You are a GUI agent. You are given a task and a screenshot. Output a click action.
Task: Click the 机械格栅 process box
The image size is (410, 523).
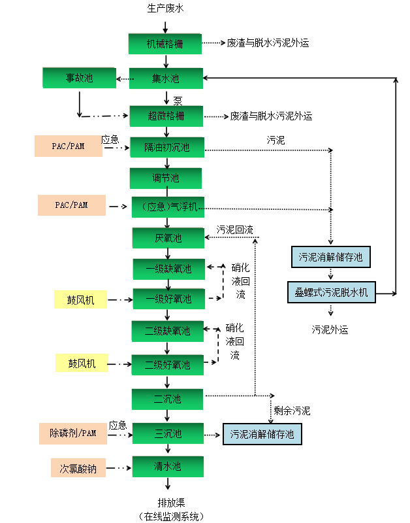point(165,44)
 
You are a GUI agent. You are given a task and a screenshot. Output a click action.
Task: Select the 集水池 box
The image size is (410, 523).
point(166,79)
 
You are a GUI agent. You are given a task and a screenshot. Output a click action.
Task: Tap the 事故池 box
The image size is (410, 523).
point(79,78)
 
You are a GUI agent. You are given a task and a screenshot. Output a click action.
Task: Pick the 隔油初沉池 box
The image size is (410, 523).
point(167,148)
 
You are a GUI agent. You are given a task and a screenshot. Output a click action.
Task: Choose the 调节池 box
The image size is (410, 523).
point(166,178)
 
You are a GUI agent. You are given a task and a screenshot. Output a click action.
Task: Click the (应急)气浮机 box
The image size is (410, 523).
point(169,207)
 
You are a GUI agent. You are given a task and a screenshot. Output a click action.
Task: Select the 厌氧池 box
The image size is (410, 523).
point(168,238)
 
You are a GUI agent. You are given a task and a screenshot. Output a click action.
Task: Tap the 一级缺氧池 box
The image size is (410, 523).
point(168,269)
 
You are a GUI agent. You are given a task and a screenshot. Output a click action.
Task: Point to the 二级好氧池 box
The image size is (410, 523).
point(168,365)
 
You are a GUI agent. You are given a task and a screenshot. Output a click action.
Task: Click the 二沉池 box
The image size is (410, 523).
point(168,399)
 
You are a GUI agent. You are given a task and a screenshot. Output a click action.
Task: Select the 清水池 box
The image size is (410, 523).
point(168,467)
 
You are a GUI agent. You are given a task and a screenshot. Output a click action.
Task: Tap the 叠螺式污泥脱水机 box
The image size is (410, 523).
point(331,293)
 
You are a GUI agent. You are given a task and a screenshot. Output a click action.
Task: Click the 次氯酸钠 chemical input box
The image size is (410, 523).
point(78,468)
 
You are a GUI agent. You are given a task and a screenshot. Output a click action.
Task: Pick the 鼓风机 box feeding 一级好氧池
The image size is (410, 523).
point(80,300)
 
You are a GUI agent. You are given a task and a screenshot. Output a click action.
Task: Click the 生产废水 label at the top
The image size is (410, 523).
point(165,9)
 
